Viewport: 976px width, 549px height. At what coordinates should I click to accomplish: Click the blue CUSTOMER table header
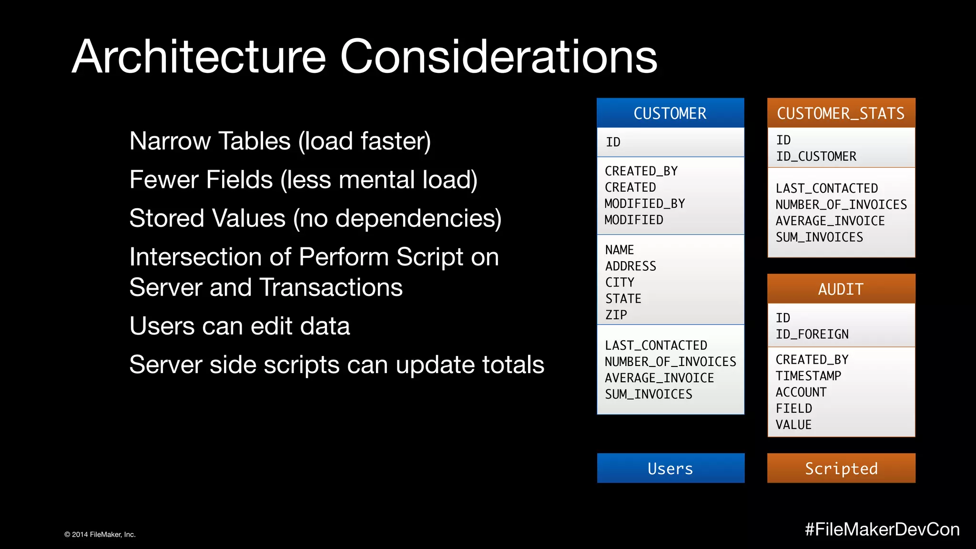[x=670, y=113]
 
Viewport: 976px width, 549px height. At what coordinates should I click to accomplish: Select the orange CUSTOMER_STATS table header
[x=841, y=113]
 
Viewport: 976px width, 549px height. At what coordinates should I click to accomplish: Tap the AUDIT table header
[x=841, y=289]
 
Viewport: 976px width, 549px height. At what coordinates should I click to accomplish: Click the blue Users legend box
[x=670, y=468]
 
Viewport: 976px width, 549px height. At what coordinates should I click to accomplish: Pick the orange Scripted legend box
[x=841, y=468]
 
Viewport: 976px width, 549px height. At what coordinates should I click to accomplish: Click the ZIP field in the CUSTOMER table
[x=616, y=315]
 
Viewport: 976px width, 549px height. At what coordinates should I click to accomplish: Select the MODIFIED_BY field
[x=644, y=204]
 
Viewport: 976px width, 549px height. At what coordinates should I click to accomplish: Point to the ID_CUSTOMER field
[x=816, y=156]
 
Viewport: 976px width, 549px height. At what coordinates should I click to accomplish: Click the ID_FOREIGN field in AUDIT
[x=812, y=334]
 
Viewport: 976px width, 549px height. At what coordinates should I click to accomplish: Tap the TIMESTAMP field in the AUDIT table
[x=808, y=376]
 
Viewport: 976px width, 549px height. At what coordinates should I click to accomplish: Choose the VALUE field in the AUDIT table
[x=793, y=425]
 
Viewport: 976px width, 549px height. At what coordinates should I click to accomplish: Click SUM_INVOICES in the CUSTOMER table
[x=649, y=394]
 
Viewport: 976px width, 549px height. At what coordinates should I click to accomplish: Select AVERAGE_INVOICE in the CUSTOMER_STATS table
[x=830, y=221]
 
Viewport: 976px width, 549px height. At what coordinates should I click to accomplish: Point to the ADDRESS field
[x=630, y=266]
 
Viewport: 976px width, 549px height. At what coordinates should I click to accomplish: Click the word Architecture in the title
[x=199, y=57]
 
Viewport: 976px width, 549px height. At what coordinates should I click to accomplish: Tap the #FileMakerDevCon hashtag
[x=882, y=529]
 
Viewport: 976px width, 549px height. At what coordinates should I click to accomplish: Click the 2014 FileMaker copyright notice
[x=100, y=535]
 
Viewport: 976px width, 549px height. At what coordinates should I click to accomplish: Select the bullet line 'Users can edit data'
[x=240, y=326]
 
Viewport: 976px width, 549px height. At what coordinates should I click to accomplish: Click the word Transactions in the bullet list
[x=331, y=287]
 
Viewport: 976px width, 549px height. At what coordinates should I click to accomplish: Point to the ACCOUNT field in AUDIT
[x=801, y=392]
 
